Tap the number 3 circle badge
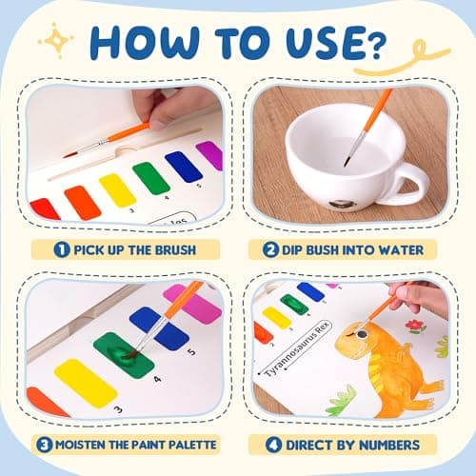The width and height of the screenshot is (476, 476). click(45, 444)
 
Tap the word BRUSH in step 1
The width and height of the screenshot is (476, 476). click(172, 249)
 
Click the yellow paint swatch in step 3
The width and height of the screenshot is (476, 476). click(85, 382)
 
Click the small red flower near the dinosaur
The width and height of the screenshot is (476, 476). click(414, 327)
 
